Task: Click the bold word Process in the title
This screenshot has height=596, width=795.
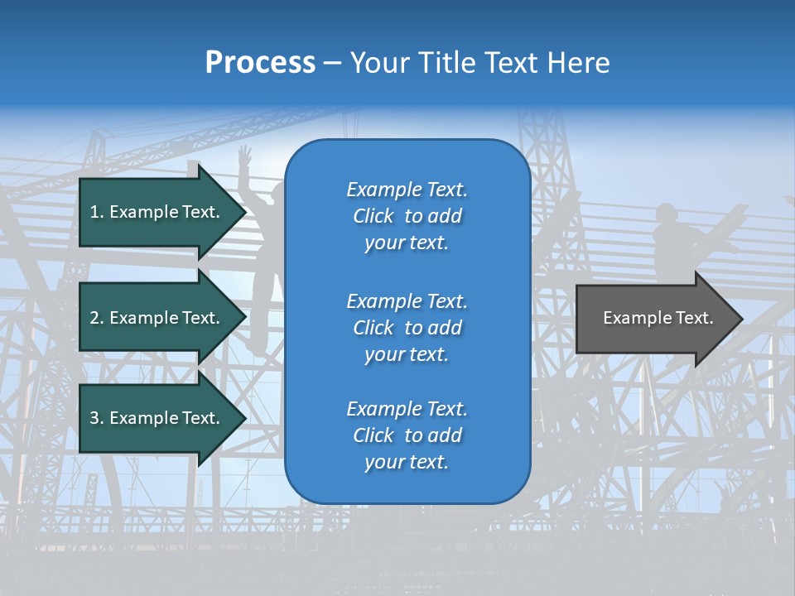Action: [x=260, y=63]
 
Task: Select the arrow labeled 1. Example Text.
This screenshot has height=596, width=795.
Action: [x=157, y=212]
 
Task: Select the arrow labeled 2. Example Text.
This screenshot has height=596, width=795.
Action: [x=157, y=318]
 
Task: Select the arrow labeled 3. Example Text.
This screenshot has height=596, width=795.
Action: [x=157, y=418]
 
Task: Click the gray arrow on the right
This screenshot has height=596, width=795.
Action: [x=654, y=318]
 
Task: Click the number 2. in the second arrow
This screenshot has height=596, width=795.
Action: [x=95, y=318]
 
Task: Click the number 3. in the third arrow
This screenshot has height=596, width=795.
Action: [x=95, y=418]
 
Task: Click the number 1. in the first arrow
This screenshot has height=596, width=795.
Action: [x=95, y=212]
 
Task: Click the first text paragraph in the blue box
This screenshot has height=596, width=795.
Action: [x=407, y=216]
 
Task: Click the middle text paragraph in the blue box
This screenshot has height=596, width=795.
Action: [x=407, y=328]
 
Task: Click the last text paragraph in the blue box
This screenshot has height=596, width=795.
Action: [x=407, y=435]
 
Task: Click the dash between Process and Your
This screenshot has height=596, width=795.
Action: [x=332, y=63]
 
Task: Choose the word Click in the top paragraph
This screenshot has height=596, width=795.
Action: [x=373, y=216]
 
